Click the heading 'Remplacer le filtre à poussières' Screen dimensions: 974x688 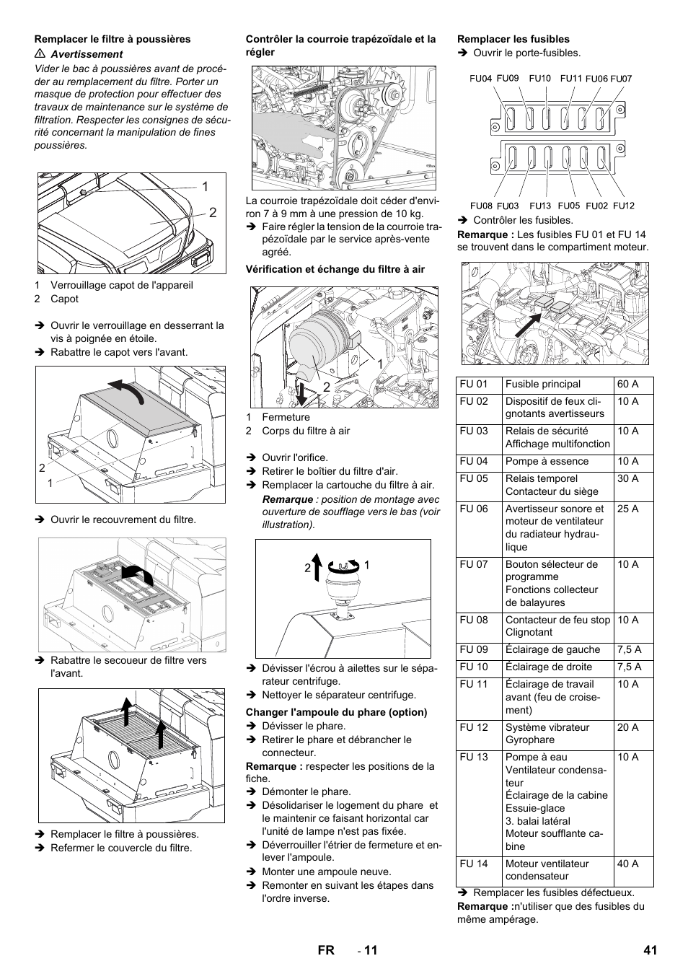click(x=113, y=39)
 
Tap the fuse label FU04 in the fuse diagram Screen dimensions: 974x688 click(x=480, y=79)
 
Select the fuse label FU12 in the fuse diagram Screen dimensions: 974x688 click(x=624, y=206)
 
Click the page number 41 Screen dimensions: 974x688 click(x=650, y=951)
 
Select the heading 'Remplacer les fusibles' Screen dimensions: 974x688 click(x=513, y=39)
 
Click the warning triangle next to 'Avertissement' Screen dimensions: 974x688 click(x=40, y=54)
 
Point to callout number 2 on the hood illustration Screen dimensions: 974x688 click(x=213, y=213)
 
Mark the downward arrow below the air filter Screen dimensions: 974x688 click(x=301, y=390)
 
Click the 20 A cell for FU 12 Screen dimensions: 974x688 click(x=627, y=727)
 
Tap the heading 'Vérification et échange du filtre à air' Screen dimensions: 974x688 click(x=335, y=269)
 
